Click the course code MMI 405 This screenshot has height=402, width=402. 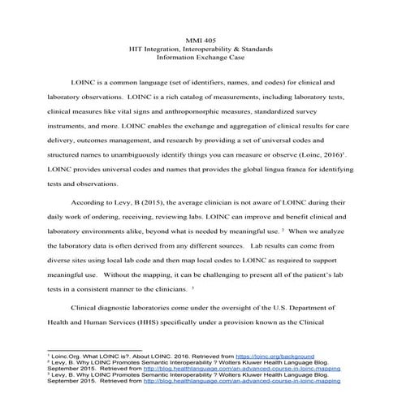(200, 39)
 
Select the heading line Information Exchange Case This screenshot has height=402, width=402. (200, 58)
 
